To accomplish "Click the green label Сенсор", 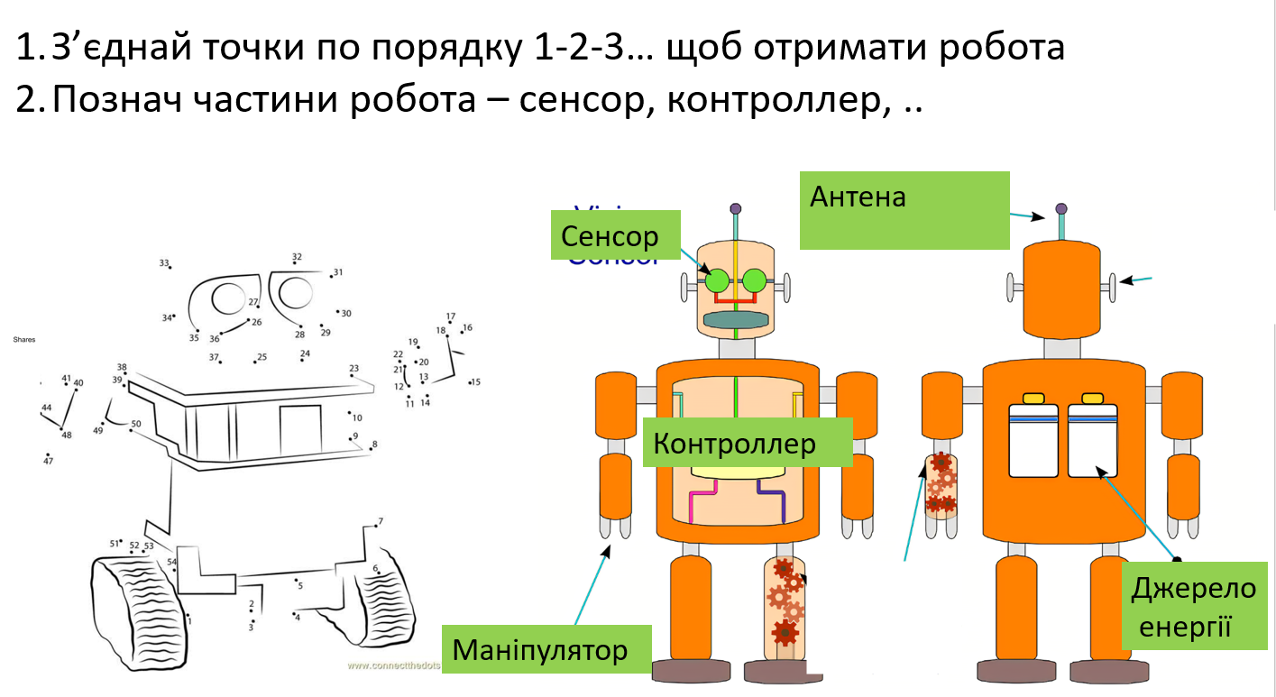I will point(610,236).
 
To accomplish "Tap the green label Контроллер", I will point(734,443).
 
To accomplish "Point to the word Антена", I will point(858,196).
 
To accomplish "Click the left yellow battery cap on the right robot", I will point(1033,398).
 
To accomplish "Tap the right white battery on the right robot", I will point(1092,441).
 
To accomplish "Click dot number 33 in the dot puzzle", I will point(170,268).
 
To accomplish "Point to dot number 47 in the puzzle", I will point(48,455).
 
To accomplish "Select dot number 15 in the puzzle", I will point(470,382).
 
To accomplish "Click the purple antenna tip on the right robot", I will point(1060,209).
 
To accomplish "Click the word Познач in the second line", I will point(112,101).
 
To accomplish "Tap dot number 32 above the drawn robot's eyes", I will point(296,265).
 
